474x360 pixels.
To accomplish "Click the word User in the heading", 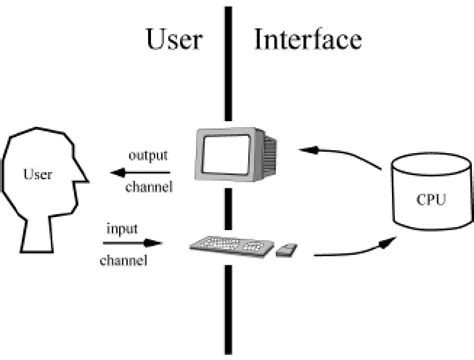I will click(177, 40).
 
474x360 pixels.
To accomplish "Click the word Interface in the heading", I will click(307, 40).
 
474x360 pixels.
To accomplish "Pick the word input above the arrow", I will click(121, 228).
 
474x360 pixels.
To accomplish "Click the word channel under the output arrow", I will click(147, 186).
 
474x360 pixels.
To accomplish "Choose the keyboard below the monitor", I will click(229, 243).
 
